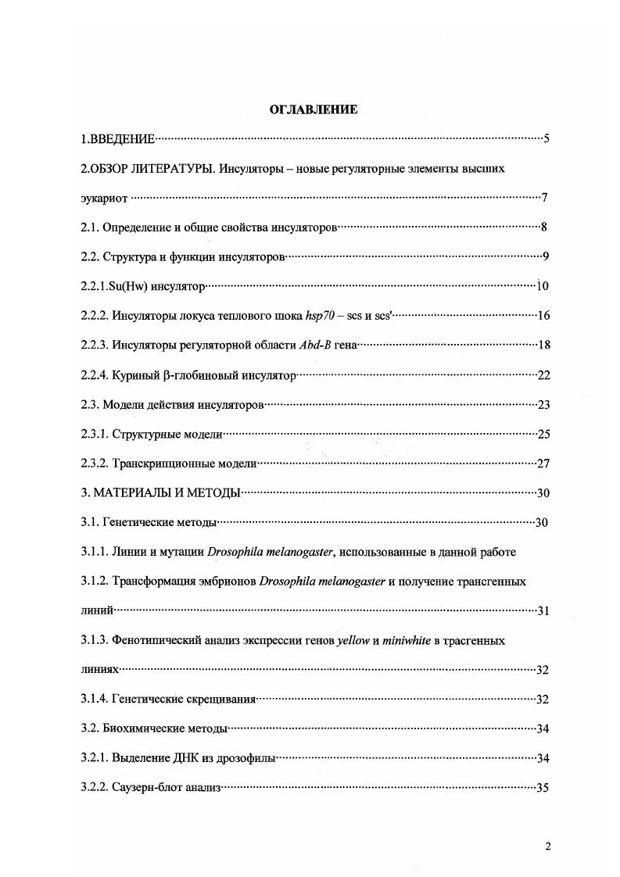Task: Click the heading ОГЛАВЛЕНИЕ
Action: tap(314, 109)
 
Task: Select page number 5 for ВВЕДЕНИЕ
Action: tap(547, 139)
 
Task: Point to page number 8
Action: tap(543, 227)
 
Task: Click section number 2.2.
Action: tap(90, 257)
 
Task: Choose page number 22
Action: tap(544, 375)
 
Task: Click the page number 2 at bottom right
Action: tap(548, 846)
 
